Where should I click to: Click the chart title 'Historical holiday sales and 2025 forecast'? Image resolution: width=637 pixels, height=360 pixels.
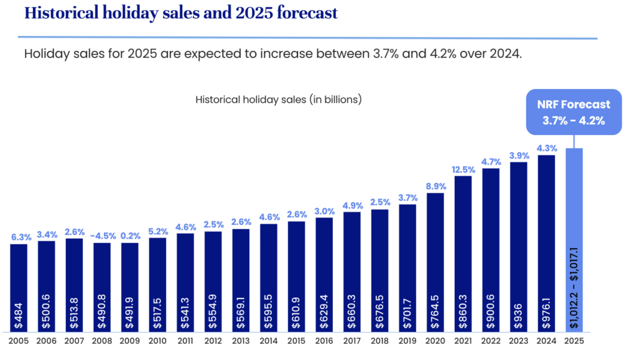click(x=171, y=13)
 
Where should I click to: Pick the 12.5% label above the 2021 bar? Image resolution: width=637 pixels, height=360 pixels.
click(x=463, y=168)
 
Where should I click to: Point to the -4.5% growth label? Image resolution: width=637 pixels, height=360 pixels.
click(x=102, y=235)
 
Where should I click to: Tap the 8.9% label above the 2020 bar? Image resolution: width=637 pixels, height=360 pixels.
click(x=435, y=185)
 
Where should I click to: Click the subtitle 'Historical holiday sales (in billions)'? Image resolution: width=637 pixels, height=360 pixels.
click(x=279, y=99)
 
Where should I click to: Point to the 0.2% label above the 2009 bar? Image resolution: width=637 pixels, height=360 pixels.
click(x=130, y=235)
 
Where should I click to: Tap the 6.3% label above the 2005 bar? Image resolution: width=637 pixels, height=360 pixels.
click(x=19, y=236)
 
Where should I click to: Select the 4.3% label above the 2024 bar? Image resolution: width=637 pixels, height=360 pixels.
click(x=546, y=148)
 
